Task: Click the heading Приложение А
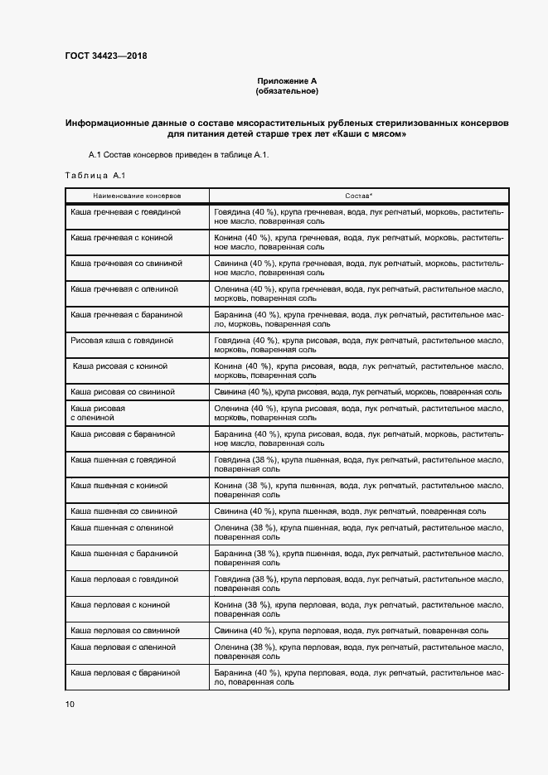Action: (287, 80)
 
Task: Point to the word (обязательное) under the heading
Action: (287, 90)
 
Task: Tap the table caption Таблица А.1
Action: (94, 175)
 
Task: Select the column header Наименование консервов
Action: (138, 196)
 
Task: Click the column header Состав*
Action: (358, 196)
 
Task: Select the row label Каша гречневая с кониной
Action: (122, 238)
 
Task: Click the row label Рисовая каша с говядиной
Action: (122, 340)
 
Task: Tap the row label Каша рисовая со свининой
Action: (123, 391)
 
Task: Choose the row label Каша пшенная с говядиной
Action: (124, 458)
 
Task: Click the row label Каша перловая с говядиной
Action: (124, 579)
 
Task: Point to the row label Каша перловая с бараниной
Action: (125, 672)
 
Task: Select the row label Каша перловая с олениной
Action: (122, 647)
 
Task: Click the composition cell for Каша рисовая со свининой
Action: (357, 391)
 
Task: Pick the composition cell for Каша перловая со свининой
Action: (351, 630)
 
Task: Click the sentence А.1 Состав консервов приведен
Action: (178, 155)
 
